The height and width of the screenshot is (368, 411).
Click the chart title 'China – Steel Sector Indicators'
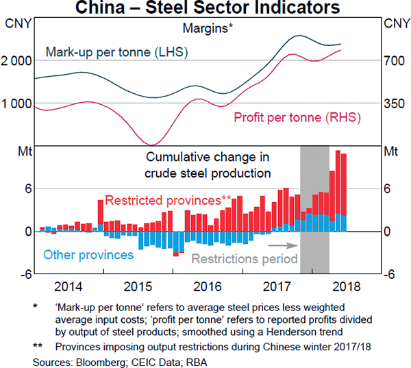pos(205,8)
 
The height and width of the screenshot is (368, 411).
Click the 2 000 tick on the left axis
pos(18,60)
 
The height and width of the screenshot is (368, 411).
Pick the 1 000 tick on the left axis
pos(18,103)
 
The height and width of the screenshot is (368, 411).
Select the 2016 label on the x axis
pos(207,286)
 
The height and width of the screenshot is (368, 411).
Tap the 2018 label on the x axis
pos(345,286)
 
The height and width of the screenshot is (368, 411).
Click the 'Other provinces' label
pos(88,255)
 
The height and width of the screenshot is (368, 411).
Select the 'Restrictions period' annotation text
pos(245,259)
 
